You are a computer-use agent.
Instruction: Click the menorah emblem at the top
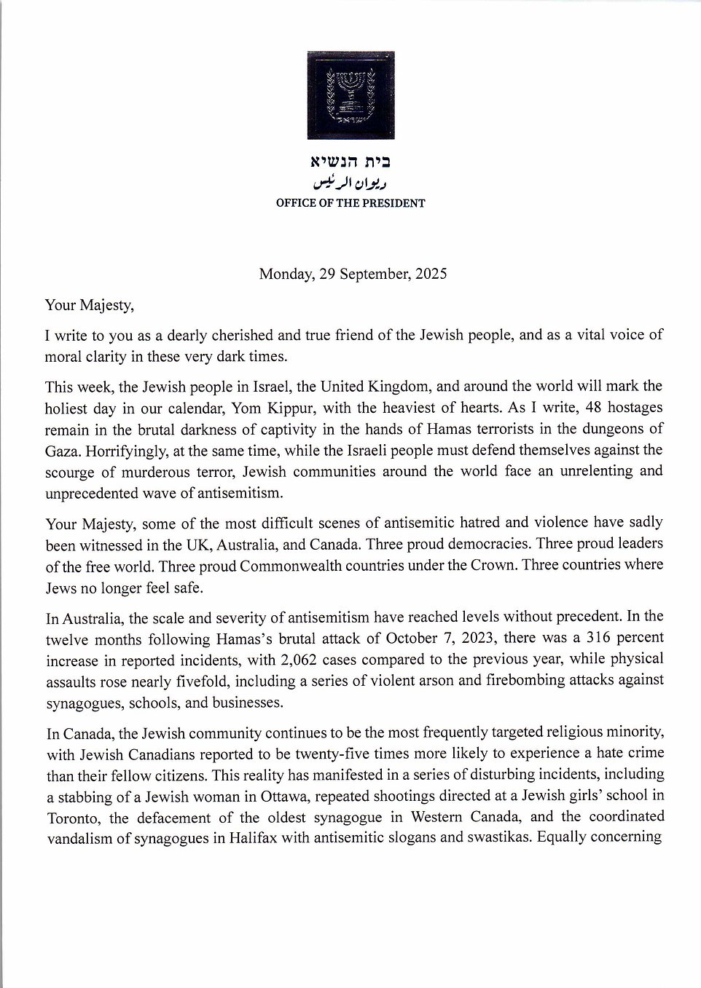350,95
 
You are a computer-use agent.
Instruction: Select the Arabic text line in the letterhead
351,182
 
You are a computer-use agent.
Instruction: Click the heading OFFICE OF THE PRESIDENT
350,204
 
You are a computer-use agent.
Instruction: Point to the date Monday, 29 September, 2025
353,274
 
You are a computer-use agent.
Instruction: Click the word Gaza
61,450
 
